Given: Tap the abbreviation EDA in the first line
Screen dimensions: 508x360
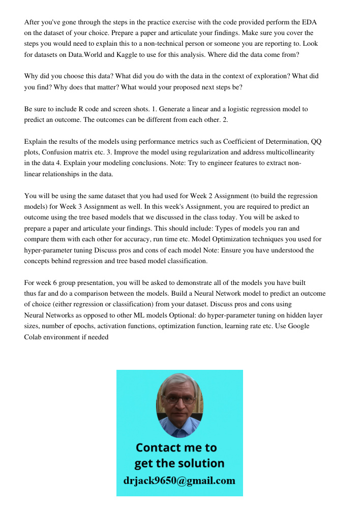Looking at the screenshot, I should (309, 23).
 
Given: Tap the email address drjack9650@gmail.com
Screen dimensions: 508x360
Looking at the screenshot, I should (179, 481).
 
